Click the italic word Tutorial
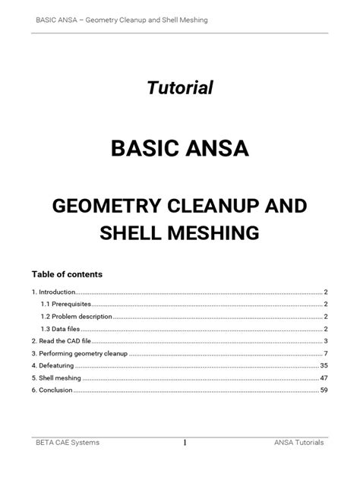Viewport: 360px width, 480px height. coord(179,89)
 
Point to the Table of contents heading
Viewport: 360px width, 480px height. coord(67,273)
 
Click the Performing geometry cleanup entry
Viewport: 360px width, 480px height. coord(79,353)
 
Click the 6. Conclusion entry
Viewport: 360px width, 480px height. coord(52,390)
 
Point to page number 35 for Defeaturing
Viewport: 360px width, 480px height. coord(324,365)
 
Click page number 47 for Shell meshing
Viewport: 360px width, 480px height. coord(324,377)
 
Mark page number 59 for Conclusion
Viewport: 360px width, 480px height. coord(324,390)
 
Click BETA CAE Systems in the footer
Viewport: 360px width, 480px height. coord(67,442)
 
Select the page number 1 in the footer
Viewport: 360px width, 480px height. coord(185,442)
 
